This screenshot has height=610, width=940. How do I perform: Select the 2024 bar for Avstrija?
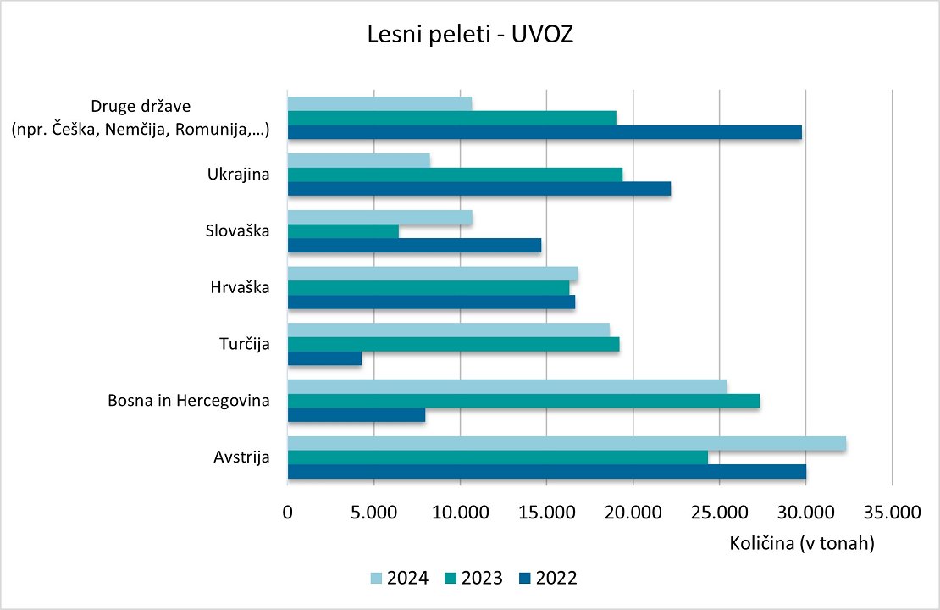(x=567, y=443)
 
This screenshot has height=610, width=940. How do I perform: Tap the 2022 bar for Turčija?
(x=324, y=358)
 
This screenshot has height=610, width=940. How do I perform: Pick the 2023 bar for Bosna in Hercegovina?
(x=523, y=402)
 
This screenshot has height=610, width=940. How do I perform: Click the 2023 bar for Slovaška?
(x=343, y=231)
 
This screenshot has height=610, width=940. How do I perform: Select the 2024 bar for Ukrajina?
(x=359, y=160)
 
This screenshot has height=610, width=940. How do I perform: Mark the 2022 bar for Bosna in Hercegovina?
(x=357, y=415)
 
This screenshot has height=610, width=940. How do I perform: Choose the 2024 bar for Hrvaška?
(x=433, y=274)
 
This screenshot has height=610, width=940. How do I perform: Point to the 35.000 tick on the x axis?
(x=892, y=512)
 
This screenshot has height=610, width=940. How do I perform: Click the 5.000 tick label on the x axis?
(x=373, y=512)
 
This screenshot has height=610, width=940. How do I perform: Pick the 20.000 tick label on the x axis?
(x=633, y=512)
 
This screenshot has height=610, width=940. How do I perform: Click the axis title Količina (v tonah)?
(x=802, y=544)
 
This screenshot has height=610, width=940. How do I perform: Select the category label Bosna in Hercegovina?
(x=189, y=401)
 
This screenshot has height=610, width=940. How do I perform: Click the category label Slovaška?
(x=238, y=230)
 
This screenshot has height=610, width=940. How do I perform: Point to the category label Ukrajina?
(x=238, y=175)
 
